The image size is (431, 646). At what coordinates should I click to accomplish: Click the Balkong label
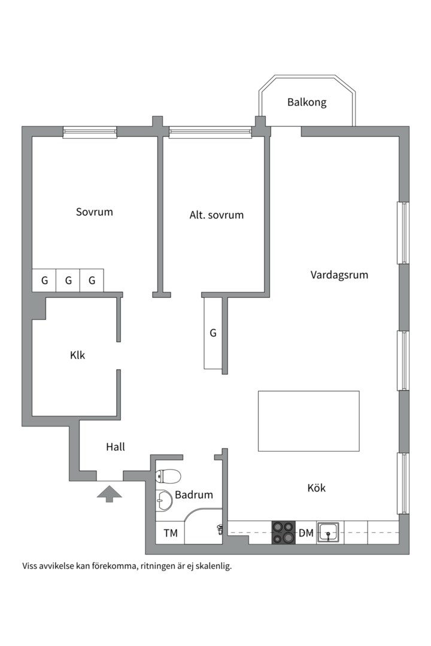click(x=307, y=102)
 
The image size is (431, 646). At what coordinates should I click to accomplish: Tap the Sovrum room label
click(x=95, y=212)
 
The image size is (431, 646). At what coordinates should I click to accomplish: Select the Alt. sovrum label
click(x=217, y=215)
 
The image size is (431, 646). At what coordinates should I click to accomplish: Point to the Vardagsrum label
click(x=339, y=275)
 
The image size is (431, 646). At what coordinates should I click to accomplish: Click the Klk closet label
click(x=78, y=355)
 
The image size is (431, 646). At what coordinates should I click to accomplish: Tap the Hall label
click(x=116, y=447)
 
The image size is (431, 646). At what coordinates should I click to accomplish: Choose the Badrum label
click(x=194, y=495)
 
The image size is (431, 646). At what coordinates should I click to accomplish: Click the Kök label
click(x=317, y=488)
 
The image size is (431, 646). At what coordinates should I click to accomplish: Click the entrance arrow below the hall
click(x=110, y=493)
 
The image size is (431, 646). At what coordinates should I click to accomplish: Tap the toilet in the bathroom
click(x=168, y=476)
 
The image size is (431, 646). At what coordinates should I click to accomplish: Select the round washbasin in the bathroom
click(x=164, y=501)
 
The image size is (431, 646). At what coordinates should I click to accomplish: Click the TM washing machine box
click(x=171, y=533)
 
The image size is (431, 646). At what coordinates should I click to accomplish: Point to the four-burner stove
click(x=284, y=533)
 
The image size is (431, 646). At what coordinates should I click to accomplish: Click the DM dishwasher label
click(x=306, y=533)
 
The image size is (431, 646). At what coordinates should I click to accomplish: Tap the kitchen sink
click(x=328, y=533)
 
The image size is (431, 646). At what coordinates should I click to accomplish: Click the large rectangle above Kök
click(x=309, y=421)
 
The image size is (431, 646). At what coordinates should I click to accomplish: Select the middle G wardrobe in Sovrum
click(x=68, y=281)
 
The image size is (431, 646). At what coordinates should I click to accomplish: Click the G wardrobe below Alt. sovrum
click(x=213, y=333)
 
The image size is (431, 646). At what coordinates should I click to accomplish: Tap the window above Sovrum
click(x=90, y=132)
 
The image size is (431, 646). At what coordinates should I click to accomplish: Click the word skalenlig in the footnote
click(x=214, y=566)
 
